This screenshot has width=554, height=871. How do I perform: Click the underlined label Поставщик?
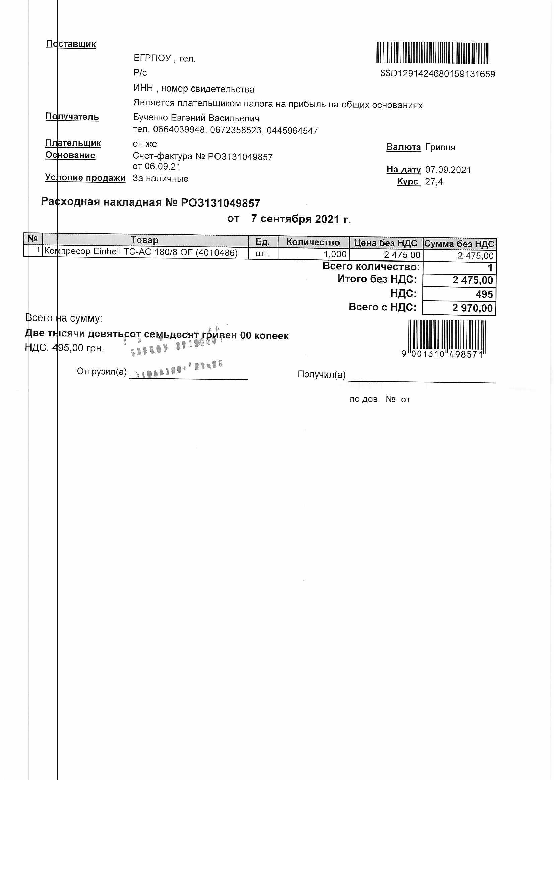(71, 44)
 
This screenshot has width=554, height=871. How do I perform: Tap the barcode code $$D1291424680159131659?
(438, 74)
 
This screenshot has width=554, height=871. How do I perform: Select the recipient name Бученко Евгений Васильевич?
(196, 118)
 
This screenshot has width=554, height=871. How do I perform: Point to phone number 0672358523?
(236, 130)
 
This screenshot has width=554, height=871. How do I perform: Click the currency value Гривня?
(440, 147)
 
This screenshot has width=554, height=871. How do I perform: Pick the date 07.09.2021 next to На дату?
(448, 170)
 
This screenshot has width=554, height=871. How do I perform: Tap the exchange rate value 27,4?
(434, 182)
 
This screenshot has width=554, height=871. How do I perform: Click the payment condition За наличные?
(160, 179)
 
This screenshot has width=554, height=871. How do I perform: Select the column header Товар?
(145, 240)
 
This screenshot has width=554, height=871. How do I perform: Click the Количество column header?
(313, 242)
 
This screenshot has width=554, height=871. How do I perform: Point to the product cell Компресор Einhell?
(141, 252)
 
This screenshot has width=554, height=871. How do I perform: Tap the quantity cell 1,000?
(335, 254)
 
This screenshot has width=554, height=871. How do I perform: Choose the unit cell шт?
(262, 253)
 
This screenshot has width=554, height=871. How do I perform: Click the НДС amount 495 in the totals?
(484, 294)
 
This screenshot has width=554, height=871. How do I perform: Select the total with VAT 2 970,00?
(472, 308)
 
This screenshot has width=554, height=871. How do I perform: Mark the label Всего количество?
(371, 267)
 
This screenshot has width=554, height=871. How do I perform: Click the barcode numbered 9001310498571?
(447, 338)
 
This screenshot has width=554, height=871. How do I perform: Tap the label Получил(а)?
(321, 374)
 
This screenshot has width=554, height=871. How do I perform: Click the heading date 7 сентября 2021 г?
(301, 219)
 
